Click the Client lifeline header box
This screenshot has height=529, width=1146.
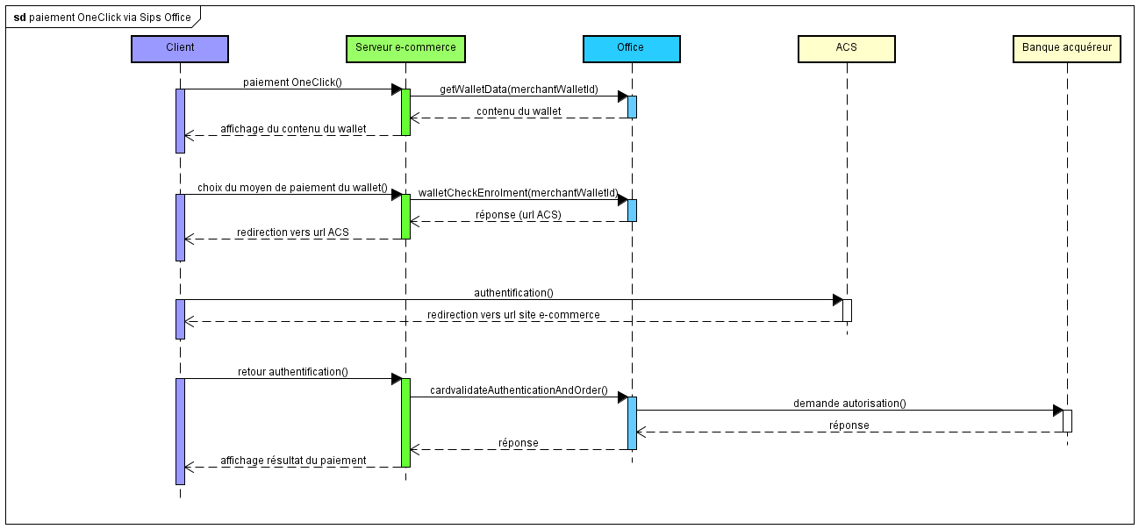[180, 48]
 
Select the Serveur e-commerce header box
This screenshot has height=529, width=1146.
[405, 48]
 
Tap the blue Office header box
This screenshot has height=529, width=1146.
[630, 48]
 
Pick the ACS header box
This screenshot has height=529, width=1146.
[846, 48]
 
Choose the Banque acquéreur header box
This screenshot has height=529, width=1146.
[1066, 48]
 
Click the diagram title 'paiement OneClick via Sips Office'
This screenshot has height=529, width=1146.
[110, 18]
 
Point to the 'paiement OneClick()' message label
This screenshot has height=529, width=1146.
[292, 82]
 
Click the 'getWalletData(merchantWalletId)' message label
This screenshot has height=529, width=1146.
[519, 89]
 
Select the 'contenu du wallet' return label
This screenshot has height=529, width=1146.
[519, 111]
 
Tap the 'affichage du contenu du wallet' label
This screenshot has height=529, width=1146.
[293, 129]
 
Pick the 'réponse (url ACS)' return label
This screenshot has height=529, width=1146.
[518, 215]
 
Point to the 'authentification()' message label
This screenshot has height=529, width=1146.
[513, 293]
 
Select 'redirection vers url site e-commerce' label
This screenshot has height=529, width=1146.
[513, 315]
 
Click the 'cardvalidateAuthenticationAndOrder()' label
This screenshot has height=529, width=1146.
[519, 390]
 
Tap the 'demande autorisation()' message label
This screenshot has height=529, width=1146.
[849, 404]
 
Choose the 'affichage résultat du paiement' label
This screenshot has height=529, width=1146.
[293, 461]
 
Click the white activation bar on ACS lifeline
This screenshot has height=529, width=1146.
[847, 311]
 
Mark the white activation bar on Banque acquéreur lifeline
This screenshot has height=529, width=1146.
[1067, 421]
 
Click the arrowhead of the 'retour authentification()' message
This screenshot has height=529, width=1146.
[396, 379]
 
